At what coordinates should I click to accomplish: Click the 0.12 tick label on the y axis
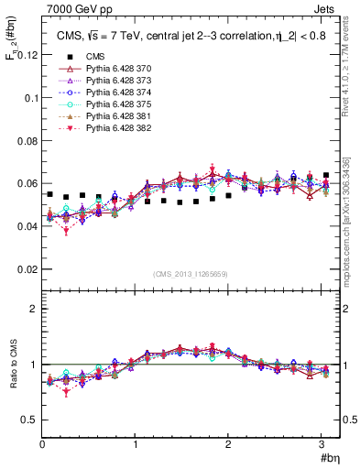point(27,55)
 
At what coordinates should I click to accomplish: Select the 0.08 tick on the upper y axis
point(27,140)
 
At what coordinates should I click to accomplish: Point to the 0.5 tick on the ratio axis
point(30,420)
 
